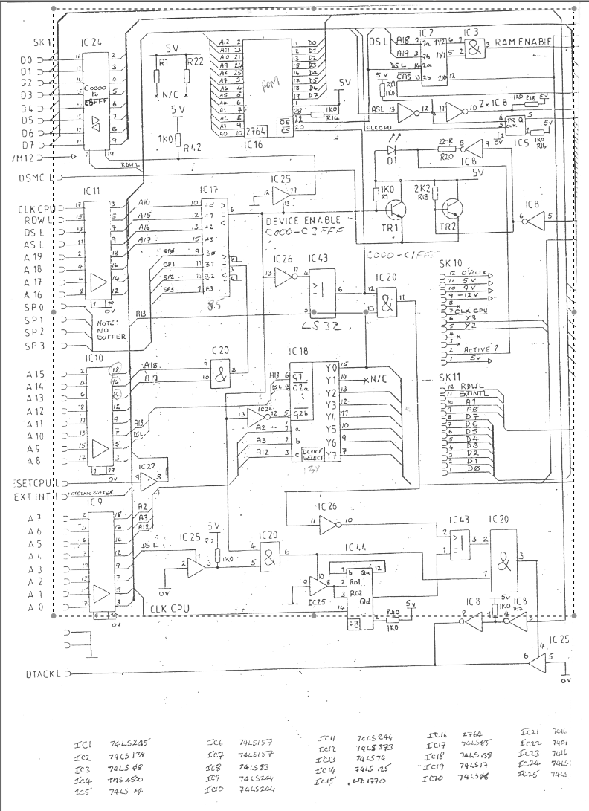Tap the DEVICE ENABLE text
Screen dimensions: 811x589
(303, 221)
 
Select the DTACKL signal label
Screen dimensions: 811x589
(42, 674)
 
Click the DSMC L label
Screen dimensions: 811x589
(36, 178)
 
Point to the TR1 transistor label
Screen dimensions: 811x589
(390, 227)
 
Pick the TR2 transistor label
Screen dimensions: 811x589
(448, 227)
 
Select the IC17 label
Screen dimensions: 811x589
(210, 190)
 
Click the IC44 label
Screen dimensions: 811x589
(356, 546)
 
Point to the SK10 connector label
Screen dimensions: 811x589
(451, 263)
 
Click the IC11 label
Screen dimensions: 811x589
(94, 192)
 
